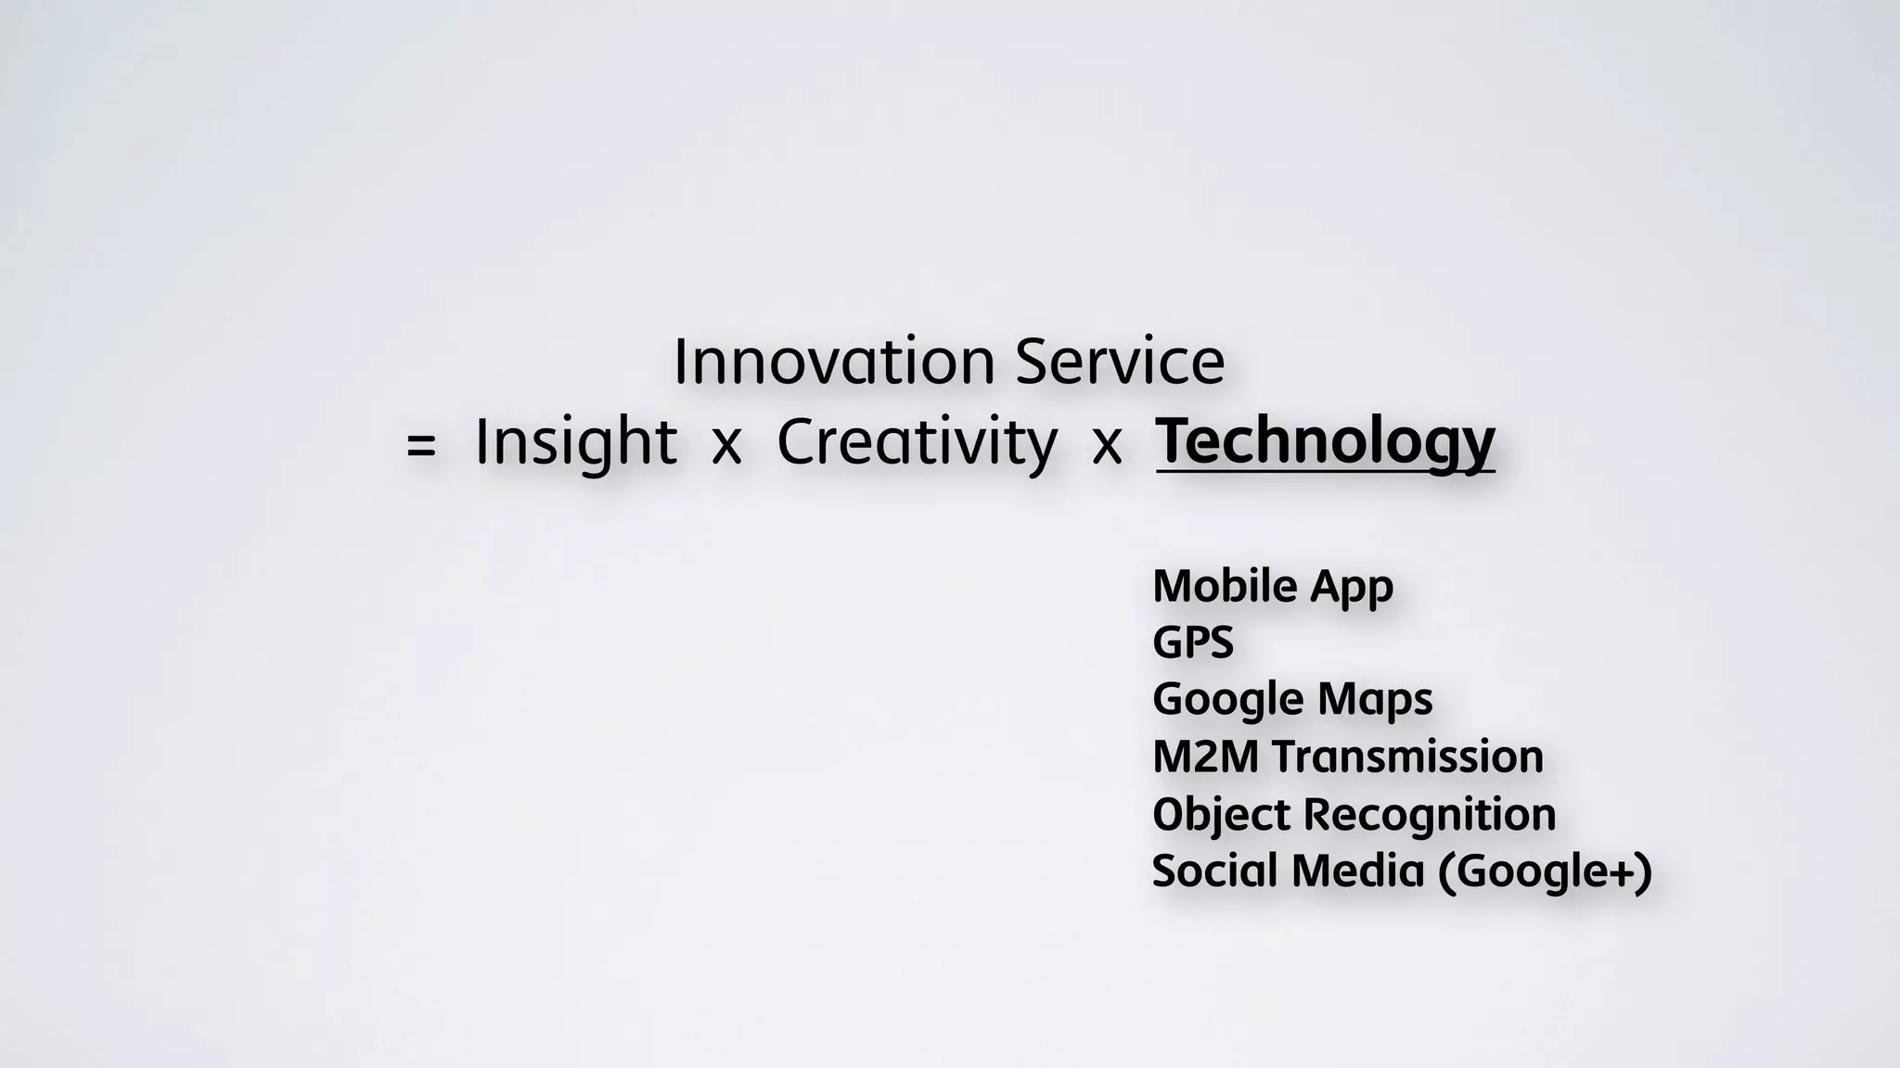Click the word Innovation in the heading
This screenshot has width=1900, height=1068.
pyautogui.click(x=834, y=362)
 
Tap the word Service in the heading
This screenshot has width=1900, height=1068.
pyautogui.click(x=1120, y=362)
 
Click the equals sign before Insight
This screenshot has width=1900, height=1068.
pyautogui.click(x=420, y=446)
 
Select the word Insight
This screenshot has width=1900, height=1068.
pyautogui.click(x=575, y=442)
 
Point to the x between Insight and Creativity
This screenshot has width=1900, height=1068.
pyautogui.click(x=725, y=446)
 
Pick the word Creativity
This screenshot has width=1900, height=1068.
pyautogui.click(x=917, y=442)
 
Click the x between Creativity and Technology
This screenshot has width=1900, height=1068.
pyautogui.click(x=1107, y=446)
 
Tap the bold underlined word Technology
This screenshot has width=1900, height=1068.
pyautogui.click(x=1325, y=442)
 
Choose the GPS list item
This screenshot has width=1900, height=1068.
pyautogui.click(x=1193, y=642)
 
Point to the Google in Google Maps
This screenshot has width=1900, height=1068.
pyautogui.click(x=1228, y=700)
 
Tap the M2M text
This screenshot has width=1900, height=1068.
pyautogui.click(x=1205, y=756)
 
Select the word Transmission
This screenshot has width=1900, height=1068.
pyautogui.click(x=1407, y=756)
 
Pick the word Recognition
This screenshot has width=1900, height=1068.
pyautogui.click(x=1430, y=815)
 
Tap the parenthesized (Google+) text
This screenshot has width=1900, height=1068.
pyautogui.click(x=1545, y=871)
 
